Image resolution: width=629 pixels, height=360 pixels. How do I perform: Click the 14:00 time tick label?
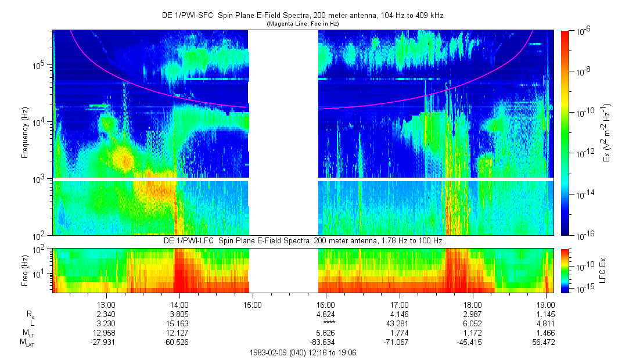[179, 304]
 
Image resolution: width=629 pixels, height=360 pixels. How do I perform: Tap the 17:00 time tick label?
[400, 304]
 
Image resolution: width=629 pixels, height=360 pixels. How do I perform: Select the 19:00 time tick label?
[546, 304]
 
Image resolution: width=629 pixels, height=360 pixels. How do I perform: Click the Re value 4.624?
[326, 314]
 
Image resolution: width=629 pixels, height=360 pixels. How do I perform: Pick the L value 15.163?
[179, 323]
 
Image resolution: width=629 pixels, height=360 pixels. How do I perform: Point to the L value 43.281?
[400, 323]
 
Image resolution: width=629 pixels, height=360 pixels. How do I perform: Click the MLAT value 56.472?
[546, 342]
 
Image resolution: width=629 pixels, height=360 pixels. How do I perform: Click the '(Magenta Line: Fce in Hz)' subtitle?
[303, 24]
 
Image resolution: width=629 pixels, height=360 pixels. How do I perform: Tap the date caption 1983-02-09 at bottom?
[302, 352]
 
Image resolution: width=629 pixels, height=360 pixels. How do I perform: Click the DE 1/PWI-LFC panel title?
[302, 240]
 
